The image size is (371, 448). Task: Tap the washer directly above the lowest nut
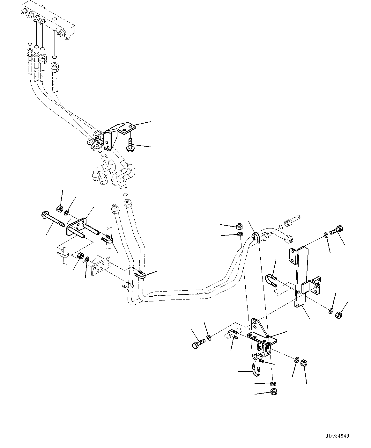tap(273, 384)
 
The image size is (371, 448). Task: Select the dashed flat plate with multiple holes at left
tap(101, 265)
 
